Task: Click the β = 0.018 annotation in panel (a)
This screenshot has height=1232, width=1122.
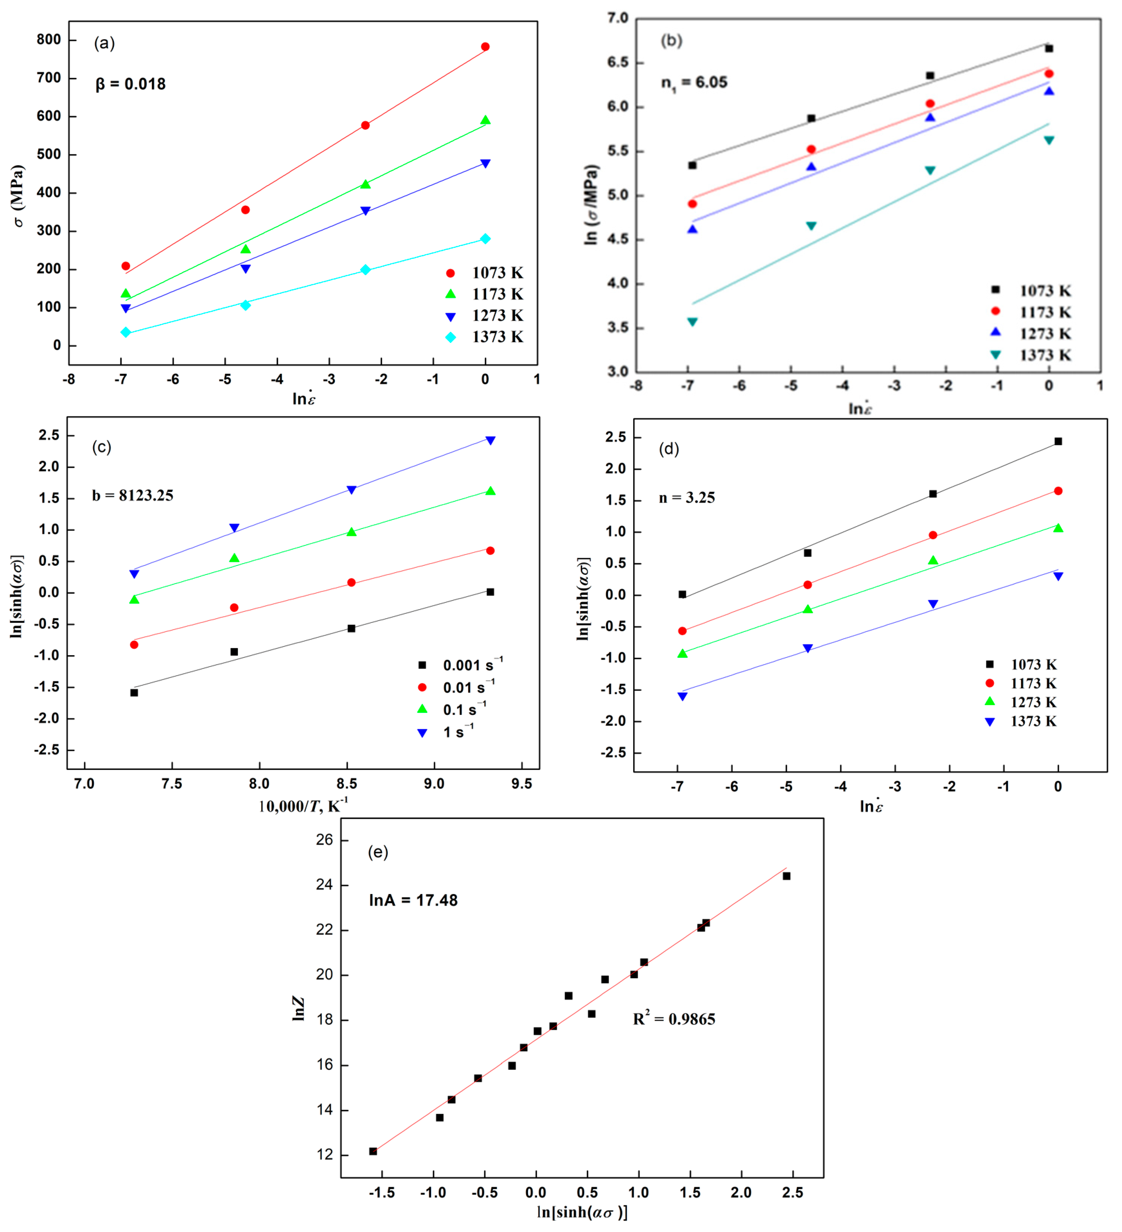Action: pyautogui.click(x=130, y=84)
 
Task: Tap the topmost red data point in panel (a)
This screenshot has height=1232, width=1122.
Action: pyautogui.click(x=485, y=46)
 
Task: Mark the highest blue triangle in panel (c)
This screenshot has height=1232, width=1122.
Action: pyautogui.click(x=490, y=440)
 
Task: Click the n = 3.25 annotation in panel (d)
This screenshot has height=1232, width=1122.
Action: pyautogui.click(x=687, y=498)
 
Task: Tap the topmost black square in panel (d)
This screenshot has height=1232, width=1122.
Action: pyautogui.click(x=1058, y=441)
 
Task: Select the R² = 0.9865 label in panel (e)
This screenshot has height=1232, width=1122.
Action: pyautogui.click(x=674, y=1019)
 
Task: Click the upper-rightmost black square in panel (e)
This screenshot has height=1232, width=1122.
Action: pyautogui.click(x=786, y=876)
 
